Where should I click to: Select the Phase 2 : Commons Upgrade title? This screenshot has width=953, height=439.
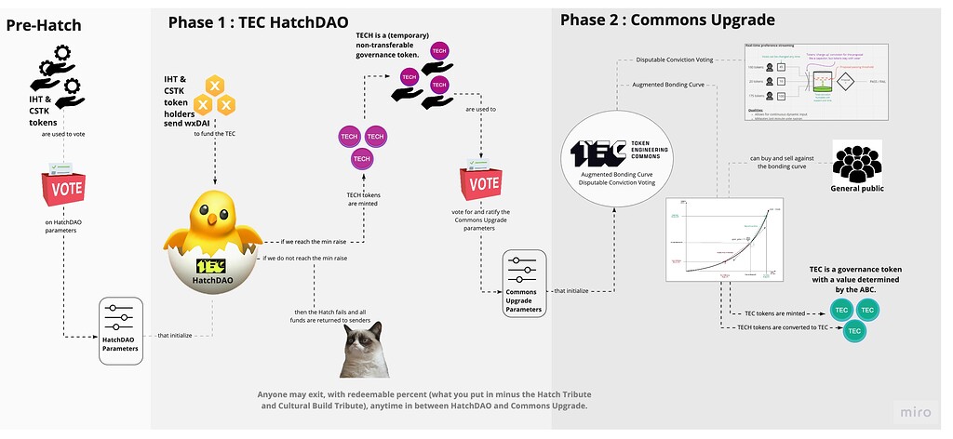tap(666, 19)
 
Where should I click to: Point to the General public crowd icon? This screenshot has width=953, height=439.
tap(855, 164)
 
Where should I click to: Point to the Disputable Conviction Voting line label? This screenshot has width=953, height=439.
tap(674, 60)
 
